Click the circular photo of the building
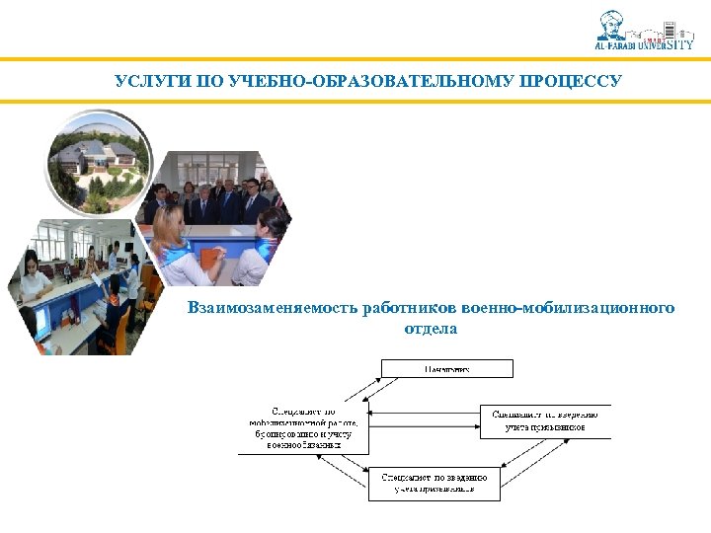[103, 159]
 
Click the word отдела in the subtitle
[432, 328]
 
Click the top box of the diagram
[447, 368]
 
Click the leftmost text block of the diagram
[303, 428]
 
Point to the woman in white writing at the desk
[33, 277]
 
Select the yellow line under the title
[355, 100]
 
